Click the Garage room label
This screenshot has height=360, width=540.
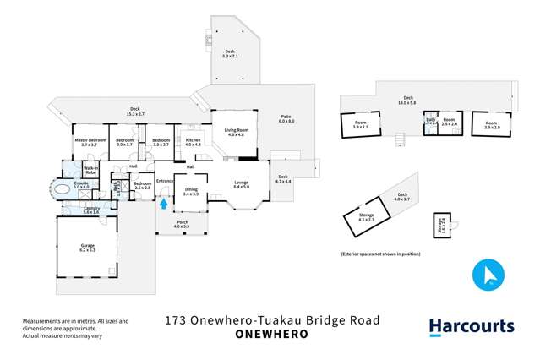(x=87, y=249)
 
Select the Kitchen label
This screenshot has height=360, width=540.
(x=193, y=142)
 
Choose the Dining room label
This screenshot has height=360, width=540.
(x=191, y=193)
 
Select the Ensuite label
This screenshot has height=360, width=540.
(x=82, y=184)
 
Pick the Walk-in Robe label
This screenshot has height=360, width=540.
(x=91, y=172)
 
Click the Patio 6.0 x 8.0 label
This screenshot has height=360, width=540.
(x=287, y=120)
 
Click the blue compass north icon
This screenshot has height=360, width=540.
(x=488, y=275)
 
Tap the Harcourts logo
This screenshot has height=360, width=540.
(x=472, y=327)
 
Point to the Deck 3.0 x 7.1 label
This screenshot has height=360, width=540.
(x=230, y=54)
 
